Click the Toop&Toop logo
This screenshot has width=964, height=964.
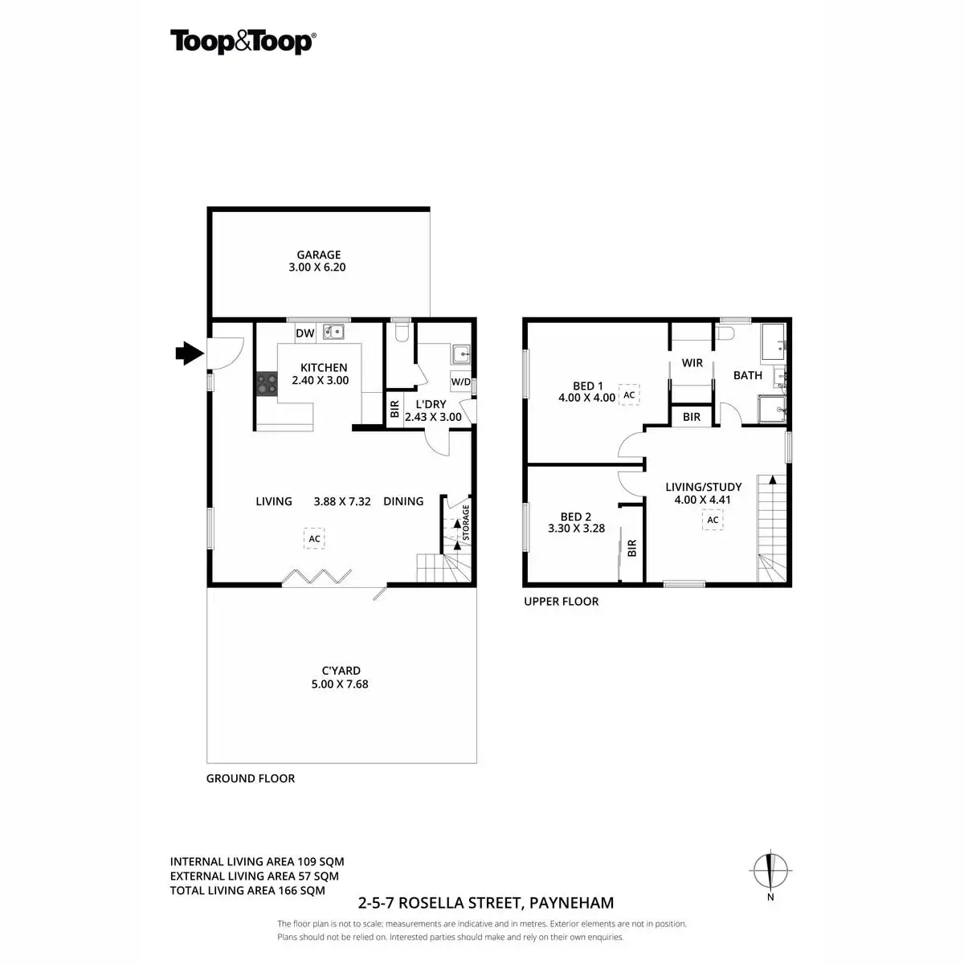pyautogui.click(x=242, y=42)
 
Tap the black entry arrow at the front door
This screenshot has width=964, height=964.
pyautogui.click(x=189, y=352)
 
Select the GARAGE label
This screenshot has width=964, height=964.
pyautogui.click(x=318, y=255)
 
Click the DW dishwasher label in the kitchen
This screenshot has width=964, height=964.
pyautogui.click(x=304, y=333)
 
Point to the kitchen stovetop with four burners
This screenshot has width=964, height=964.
pyautogui.click(x=267, y=384)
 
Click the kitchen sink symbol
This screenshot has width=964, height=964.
pyautogui.click(x=333, y=331)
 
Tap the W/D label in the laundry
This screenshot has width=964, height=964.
pyautogui.click(x=460, y=382)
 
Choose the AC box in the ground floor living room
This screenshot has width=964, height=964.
pyautogui.click(x=314, y=538)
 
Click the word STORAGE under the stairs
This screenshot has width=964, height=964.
pyautogui.click(x=466, y=523)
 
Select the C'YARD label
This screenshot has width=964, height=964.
pyautogui.click(x=341, y=670)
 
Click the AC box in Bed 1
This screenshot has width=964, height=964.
pyautogui.click(x=629, y=394)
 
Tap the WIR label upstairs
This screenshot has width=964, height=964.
pyautogui.click(x=692, y=363)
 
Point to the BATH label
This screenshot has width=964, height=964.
pyautogui.click(x=747, y=375)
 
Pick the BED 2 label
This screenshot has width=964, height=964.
pyautogui.click(x=575, y=517)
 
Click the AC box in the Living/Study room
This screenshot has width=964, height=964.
pyautogui.click(x=713, y=520)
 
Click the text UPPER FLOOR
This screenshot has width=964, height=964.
pyautogui.click(x=561, y=601)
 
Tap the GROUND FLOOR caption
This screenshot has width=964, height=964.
pyautogui.click(x=251, y=778)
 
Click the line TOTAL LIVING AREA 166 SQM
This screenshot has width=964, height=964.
pyautogui.click(x=247, y=890)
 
